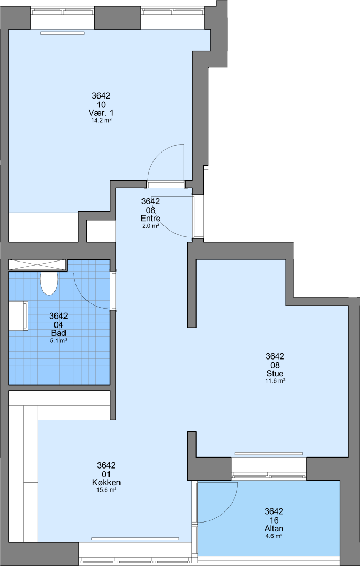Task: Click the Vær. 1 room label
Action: pyautogui.click(x=101, y=113)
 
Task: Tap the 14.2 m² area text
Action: pyautogui.click(x=101, y=121)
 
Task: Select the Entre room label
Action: pyautogui.click(x=150, y=219)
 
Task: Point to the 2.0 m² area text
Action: pyautogui.click(x=150, y=226)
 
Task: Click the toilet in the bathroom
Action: pyautogui.click(x=49, y=283)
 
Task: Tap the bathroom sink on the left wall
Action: pyautogui.click(x=18, y=316)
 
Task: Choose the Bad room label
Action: pyautogui.click(x=59, y=333)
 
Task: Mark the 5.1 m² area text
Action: pyautogui.click(x=59, y=341)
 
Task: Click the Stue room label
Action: pyautogui.click(x=275, y=373)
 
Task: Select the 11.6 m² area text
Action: pyautogui.click(x=275, y=381)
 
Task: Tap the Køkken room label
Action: pyautogui.click(x=106, y=482)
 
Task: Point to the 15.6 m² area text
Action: pyautogui.click(x=106, y=490)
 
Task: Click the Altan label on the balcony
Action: pyautogui.click(x=274, y=528)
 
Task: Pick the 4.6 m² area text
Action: pyautogui.click(x=274, y=536)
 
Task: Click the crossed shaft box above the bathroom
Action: pyautogui.click(x=38, y=265)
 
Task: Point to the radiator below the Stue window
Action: pyautogui.click(x=269, y=453)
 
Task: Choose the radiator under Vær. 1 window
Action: pyautogui.click(x=62, y=33)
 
